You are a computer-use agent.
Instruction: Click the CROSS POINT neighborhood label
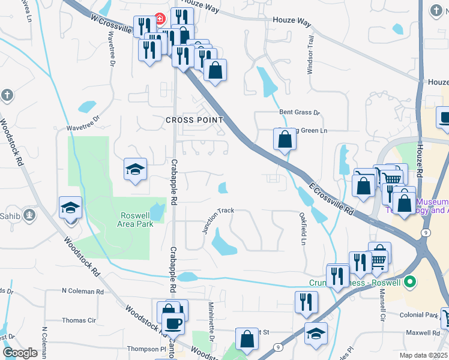tap(194, 120)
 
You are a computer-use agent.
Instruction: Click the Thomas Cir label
tap(79, 320)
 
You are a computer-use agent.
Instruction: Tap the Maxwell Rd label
tap(422, 332)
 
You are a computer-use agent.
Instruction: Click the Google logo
tap(20, 353)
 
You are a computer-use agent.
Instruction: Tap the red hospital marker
tap(160, 19)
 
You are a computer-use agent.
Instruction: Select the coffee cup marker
tap(173, 323)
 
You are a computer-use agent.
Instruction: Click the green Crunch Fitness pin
tap(411, 281)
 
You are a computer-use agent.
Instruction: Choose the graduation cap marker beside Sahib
tap(71, 208)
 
